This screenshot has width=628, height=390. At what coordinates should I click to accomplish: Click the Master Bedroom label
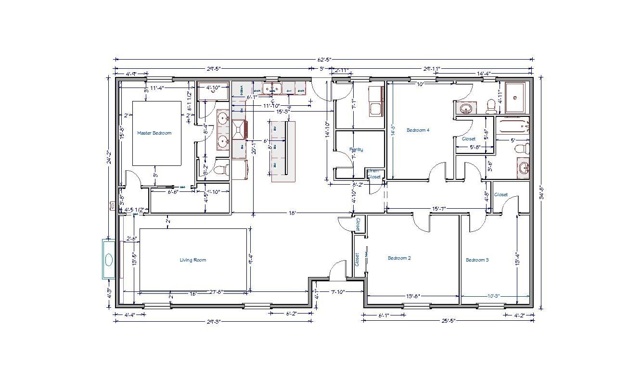(x=154, y=133)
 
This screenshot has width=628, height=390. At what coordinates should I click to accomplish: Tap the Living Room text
(x=192, y=260)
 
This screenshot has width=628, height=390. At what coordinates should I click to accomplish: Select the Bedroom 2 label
(x=399, y=258)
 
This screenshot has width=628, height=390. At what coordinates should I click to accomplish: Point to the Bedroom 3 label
(x=477, y=260)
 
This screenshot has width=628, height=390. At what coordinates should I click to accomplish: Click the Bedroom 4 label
(x=418, y=130)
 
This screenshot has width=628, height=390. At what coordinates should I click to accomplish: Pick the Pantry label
(x=356, y=150)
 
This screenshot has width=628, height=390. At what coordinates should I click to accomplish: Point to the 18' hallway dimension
(x=292, y=213)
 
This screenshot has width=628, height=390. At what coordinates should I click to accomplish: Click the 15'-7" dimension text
(x=438, y=209)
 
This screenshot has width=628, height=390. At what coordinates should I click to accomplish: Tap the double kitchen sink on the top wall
(x=272, y=89)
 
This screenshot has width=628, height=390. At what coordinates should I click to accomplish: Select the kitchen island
(x=283, y=151)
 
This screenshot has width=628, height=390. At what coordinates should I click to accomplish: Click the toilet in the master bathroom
(x=221, y=170)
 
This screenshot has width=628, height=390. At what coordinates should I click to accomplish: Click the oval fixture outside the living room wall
(x=109, y=259)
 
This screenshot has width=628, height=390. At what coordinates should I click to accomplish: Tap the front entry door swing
(x=338, y=270)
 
